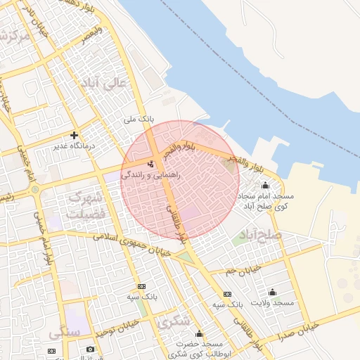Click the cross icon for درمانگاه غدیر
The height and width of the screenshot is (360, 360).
pyautogui.click(x=74, y=135)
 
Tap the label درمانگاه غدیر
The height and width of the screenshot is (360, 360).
pyautogui.click(x=75, y=146)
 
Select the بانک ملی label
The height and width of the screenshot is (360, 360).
pyautogui.click(x=137, y=120)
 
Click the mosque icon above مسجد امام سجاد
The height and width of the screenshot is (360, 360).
pyautogui.click(x=265, y=186)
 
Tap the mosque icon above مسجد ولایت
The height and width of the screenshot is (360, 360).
pyautogui.click(x=273, y=292)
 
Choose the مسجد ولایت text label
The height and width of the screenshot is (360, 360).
pyautogui.click(x=274, y=302)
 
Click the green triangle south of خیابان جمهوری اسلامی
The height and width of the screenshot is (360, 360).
pyautogui.click(x=186, y=259)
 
